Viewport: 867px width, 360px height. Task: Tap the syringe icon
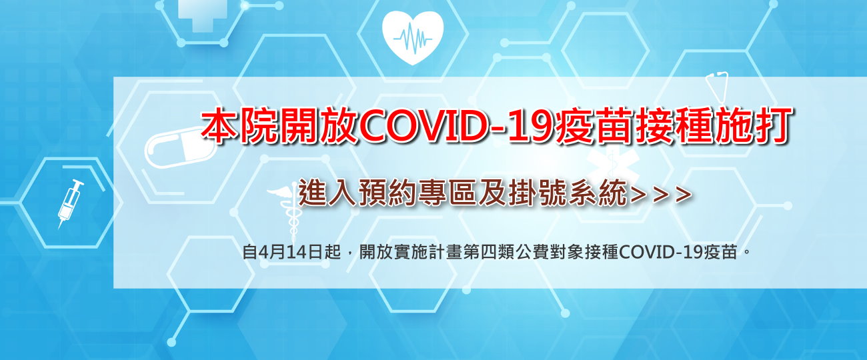(71, 203)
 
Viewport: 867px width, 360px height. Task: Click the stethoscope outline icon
(717, 87)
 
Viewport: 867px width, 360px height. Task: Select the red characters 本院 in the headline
(239, 126)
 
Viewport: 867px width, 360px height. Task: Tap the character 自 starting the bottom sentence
(250, 253)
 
